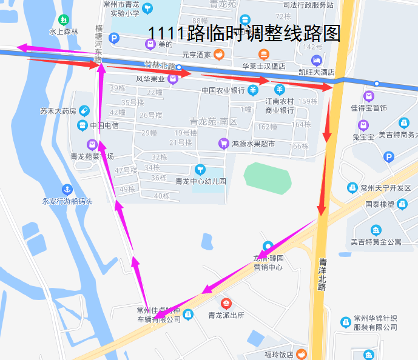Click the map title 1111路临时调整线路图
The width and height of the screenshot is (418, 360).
pyautogui.click(x=244, y=33)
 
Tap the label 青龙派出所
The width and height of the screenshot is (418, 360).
pyautogui.click(x=226, y=315)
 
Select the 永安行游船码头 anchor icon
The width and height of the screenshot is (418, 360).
pyautogui.click(x=67, y=190)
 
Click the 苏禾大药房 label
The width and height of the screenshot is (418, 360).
pyautogui.click(x=58, y=111)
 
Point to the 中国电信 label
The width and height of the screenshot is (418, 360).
pyautogui.click(x=104, y=126)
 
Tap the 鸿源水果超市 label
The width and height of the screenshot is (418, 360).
pyautogui.click(x=253, y=144)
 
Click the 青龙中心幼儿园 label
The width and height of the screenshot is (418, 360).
pyautogui.click(x=200, y=181)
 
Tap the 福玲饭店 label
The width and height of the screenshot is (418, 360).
pyautogui.click(x=278, y=355)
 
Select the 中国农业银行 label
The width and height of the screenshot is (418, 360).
pyautogui.click(x=223, y=91)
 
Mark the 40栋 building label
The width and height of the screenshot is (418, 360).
pyautogui.click(x=162, y=195)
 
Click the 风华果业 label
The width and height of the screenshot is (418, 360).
pyautogui.click(x=150, y=79)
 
